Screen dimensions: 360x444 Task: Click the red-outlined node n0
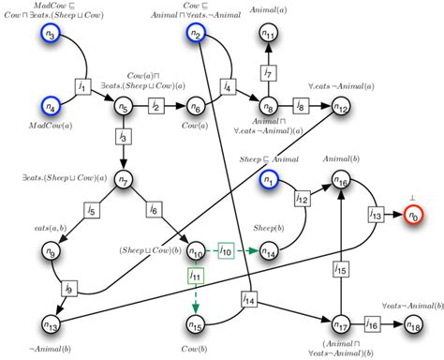pyautogui.click(x=413, y=217)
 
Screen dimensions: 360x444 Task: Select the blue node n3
pyautogui.click(x=51, y=36)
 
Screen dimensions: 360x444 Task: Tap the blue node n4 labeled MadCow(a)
pyautogui.click(x=51, y=106)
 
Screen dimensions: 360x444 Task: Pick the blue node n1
pyautogui.click(x=270, y=180)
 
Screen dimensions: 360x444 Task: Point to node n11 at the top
pyautogui.click(x=269, y=35)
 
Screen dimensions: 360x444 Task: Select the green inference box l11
pyautogui.click(x=195, y=277)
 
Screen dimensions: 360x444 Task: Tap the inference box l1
pyautogui.click(x=83, y=87)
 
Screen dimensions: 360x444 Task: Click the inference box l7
pyautogui.click(x=268, y=72)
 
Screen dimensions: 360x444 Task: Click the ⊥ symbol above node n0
pyautogui.click(x=413, y=196)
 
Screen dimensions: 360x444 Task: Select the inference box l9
pyautogui.click(x=69, y=289)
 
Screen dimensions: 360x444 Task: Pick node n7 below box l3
pyautogui.click(x=123, y=179)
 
